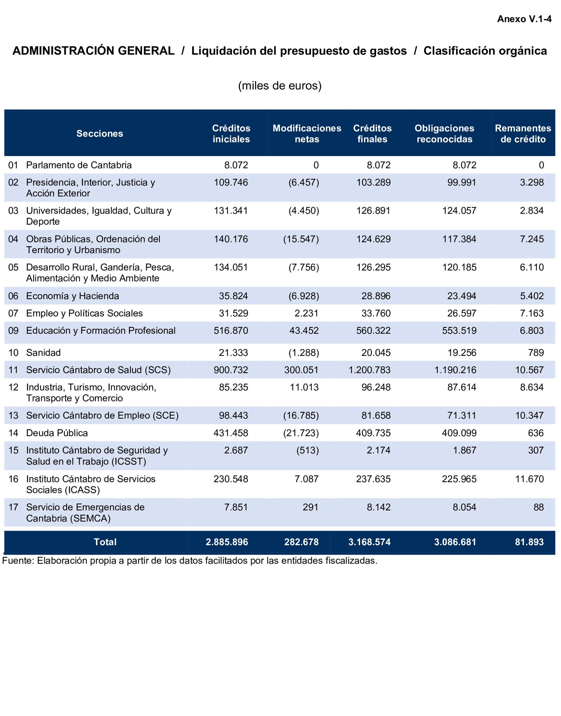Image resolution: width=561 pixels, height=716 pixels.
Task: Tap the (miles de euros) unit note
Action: pos(280,86)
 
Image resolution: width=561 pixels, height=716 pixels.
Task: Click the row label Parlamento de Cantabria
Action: pos(79,165)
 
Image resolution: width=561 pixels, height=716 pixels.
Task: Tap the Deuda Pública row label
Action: pos(57,433)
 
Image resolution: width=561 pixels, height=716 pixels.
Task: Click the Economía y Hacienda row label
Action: pos(73,296)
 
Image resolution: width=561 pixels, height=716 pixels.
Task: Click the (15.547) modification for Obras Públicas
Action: pos(301,239)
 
